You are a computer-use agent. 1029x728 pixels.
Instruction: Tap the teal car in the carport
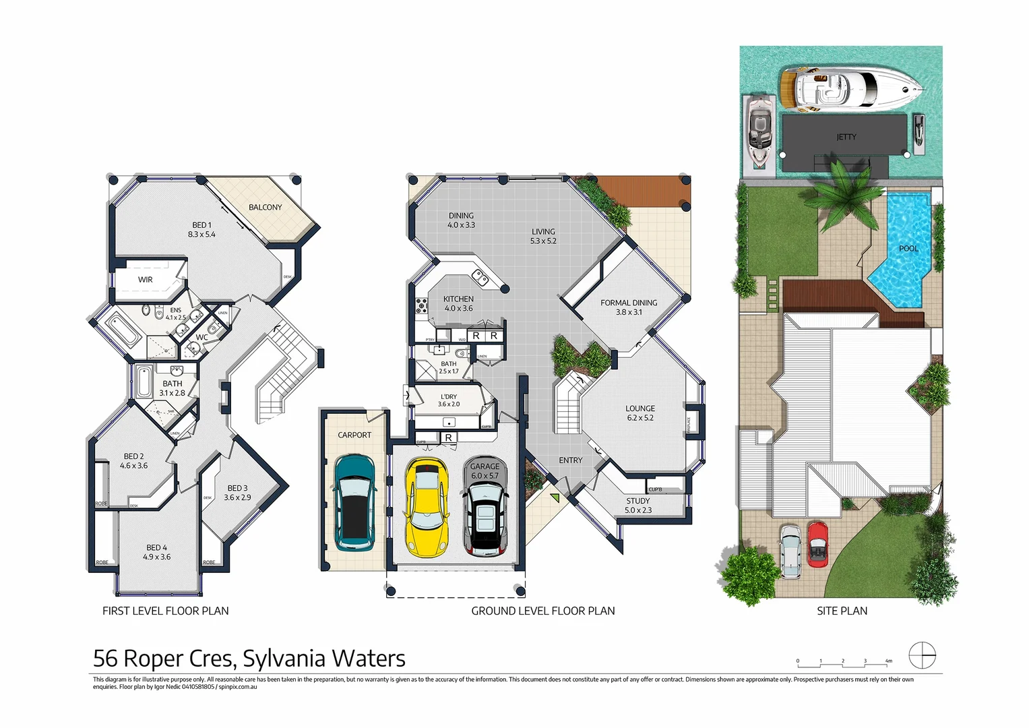pos(354,502)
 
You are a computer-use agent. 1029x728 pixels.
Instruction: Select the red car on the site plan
pos(817,544)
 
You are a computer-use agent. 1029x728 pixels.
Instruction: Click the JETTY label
pos(846,137)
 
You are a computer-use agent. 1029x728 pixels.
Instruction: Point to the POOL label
pos(908,249)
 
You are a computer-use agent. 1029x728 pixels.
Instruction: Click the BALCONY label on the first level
pos(265,208)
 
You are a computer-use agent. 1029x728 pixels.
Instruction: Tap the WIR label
pos(146,280)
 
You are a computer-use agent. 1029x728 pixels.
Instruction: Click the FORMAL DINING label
pos(629,303)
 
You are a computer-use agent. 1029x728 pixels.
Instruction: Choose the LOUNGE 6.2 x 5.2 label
pos(640,413)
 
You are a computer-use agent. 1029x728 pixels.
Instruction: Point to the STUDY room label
pos(637,502)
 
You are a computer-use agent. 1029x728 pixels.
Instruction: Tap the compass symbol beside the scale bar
pos(922,655)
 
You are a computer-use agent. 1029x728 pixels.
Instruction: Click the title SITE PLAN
pos(842,611)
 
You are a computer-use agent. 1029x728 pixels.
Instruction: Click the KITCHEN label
pos(458,299)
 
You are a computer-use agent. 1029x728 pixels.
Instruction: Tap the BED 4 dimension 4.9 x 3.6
pos(156,557)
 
